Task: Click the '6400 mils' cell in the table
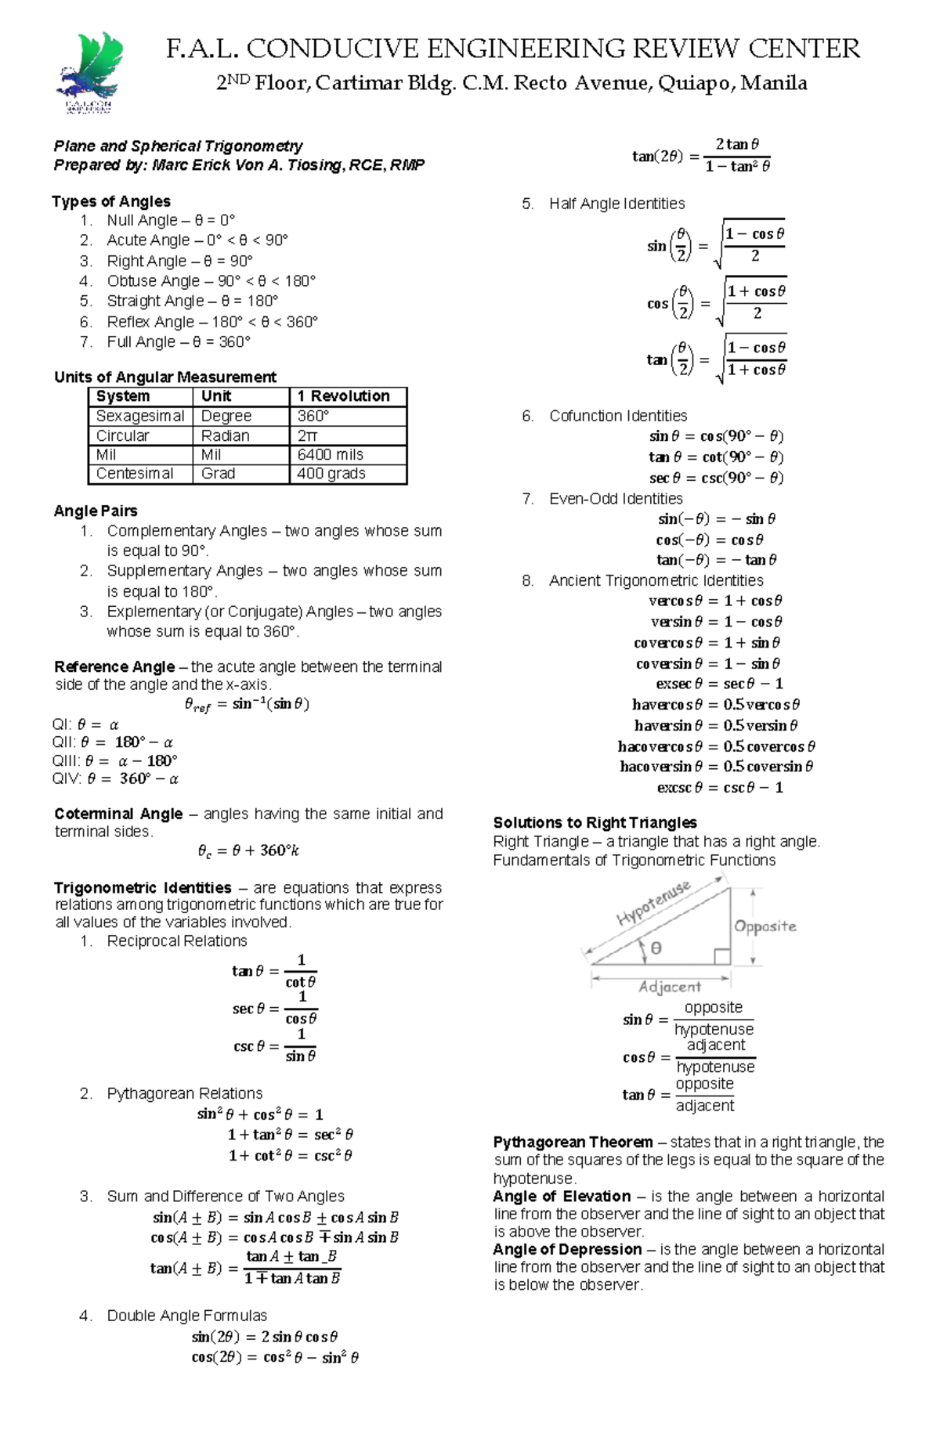(330, 455)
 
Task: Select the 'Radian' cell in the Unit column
(226, 435)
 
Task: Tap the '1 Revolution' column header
(343, 396)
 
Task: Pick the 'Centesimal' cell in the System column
(135, 474)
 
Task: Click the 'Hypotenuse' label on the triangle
(653, 903)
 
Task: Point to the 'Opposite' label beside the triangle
(765, 926)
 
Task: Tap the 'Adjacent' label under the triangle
(670, 987)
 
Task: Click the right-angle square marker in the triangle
(722, 956)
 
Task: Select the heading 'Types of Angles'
(111, 201)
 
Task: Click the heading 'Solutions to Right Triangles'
(595, 822)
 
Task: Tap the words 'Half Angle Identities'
(616, 204)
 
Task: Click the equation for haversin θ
(715, 726)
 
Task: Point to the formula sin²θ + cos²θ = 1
(260, 1114)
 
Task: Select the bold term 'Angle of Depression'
(567, 1249)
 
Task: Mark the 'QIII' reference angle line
(114, 760)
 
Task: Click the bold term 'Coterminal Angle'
(117, 814)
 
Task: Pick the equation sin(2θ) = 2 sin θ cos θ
(265, 1337)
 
